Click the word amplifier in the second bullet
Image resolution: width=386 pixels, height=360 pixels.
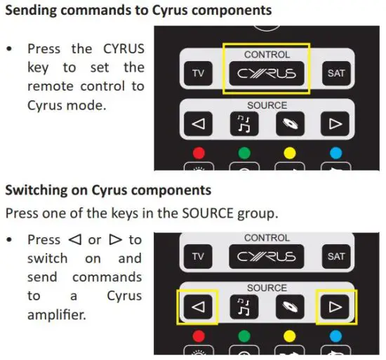click(x=56, y=315)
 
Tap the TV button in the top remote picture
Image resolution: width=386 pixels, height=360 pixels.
click(x=197, y=73)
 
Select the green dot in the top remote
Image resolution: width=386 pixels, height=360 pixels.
click(x=243, y=152)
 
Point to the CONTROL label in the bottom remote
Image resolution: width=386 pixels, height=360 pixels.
click(x=267, y=238)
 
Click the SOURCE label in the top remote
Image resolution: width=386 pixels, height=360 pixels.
click(x=267, y=105)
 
